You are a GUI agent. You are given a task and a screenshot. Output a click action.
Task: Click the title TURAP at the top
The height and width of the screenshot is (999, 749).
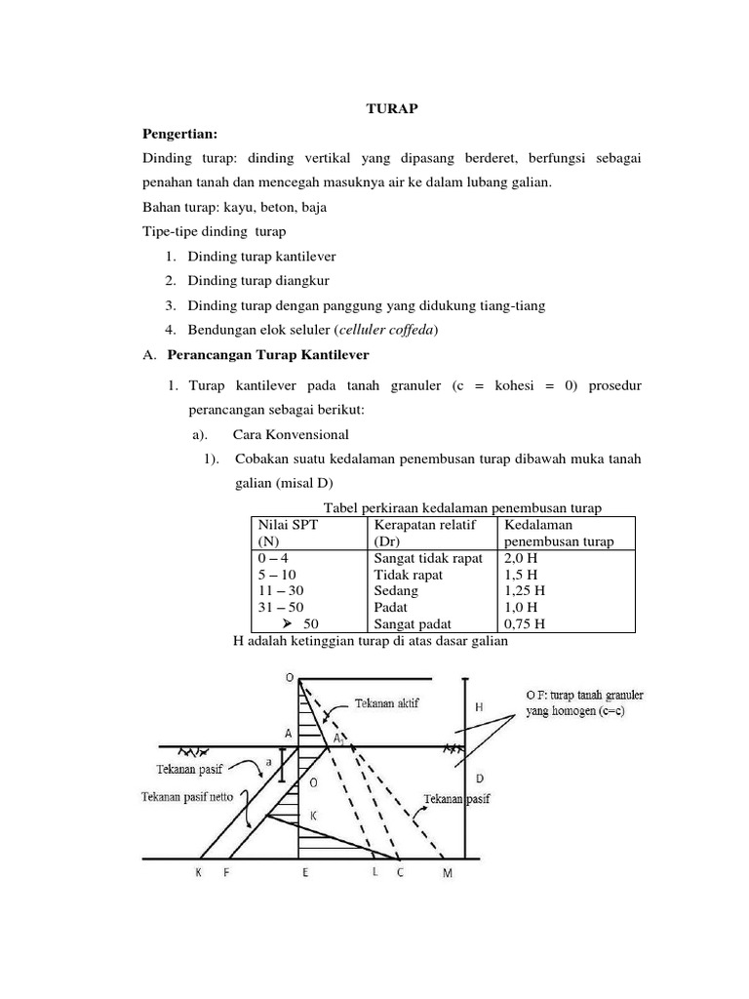click(390, 109)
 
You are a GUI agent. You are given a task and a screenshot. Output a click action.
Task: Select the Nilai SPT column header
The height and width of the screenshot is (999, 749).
click(289, 524)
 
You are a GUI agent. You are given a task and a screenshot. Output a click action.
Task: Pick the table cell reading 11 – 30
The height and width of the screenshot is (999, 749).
click(278, 590)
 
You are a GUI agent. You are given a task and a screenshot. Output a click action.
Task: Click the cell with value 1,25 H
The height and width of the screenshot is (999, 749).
click(525, 590)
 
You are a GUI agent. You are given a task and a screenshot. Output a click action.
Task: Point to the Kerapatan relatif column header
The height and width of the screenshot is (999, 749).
click(424, 524)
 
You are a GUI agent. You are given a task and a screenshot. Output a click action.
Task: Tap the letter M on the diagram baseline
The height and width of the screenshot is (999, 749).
click(448, 873)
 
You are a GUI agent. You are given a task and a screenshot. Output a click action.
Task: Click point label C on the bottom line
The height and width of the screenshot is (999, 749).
click(399, 873)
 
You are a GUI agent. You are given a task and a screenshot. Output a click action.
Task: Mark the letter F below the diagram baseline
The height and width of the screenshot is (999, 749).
click(226, 873)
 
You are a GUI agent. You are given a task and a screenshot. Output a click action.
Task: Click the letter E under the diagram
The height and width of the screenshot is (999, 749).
click(305, 873)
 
